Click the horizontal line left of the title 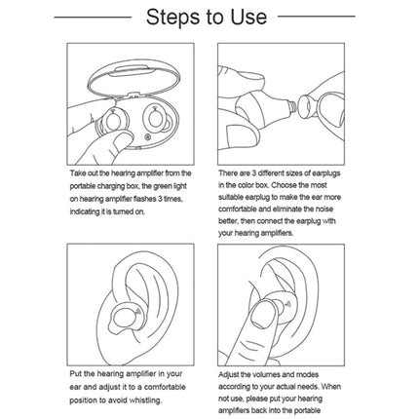[88, 19]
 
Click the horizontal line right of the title [329, 19]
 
